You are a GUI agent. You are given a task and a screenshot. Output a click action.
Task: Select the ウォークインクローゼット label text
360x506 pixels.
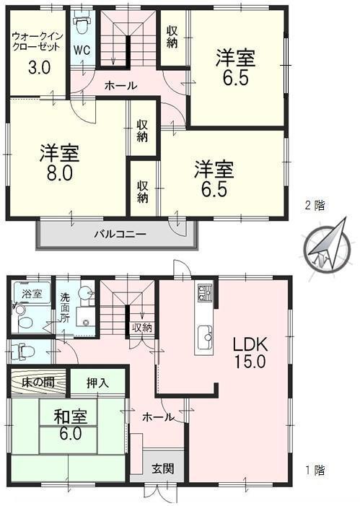pos(36,42)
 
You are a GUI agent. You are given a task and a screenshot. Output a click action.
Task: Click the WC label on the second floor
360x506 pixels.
pos(82,51)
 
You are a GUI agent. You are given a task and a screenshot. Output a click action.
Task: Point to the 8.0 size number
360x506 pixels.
pos(59,175)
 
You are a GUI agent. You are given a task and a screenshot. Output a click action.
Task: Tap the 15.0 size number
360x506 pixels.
pos(249,361)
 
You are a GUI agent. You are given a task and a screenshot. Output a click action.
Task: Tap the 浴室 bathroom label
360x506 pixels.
pos(32,295)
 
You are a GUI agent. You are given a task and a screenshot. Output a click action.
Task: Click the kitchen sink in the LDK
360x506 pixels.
pos(204,335)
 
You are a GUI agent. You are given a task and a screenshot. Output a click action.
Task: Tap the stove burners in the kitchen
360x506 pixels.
pos(204,294)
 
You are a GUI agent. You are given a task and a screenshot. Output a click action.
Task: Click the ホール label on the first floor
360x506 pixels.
pos(158,416)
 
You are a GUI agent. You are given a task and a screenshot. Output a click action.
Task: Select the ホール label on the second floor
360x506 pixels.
pos(120,85)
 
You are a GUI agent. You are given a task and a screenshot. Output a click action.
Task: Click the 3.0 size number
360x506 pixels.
pos(38,69)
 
